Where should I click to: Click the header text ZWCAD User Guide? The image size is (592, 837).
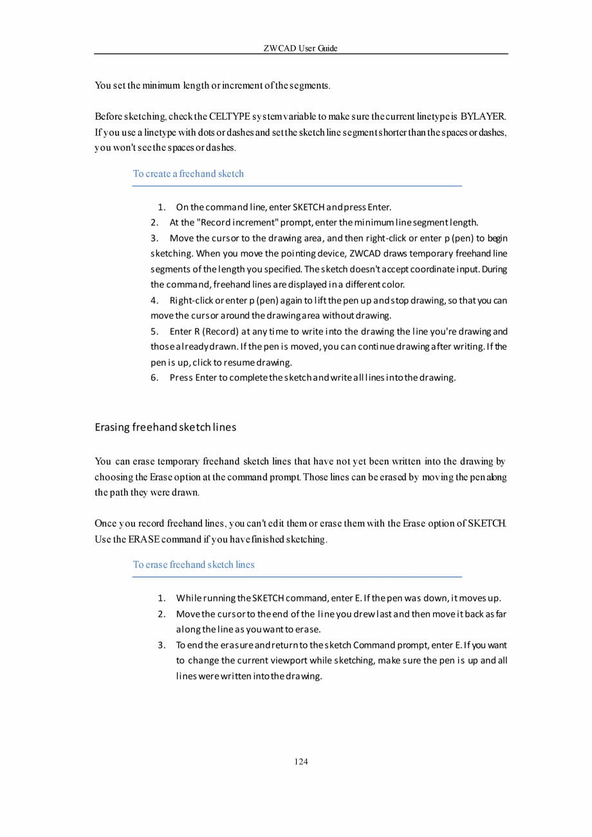pyautogui.click(x=301, y=48)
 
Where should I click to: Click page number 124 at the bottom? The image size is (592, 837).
pyautogui.click(x=301, y=762)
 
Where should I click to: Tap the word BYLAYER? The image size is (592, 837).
pyautogui.click(x=484, y=117)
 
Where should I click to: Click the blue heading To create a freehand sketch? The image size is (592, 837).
pyautogui.click(x=188, y=174)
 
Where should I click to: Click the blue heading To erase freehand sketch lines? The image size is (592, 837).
pyautogui.click(x=193, y=565)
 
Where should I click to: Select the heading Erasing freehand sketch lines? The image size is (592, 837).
pyautogui.click(x=165, y=427)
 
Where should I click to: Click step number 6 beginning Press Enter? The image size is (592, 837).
pyautogui.click(x=154, y=378)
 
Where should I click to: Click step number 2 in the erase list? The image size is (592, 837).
pyautogui.click(x=162, y=614)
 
